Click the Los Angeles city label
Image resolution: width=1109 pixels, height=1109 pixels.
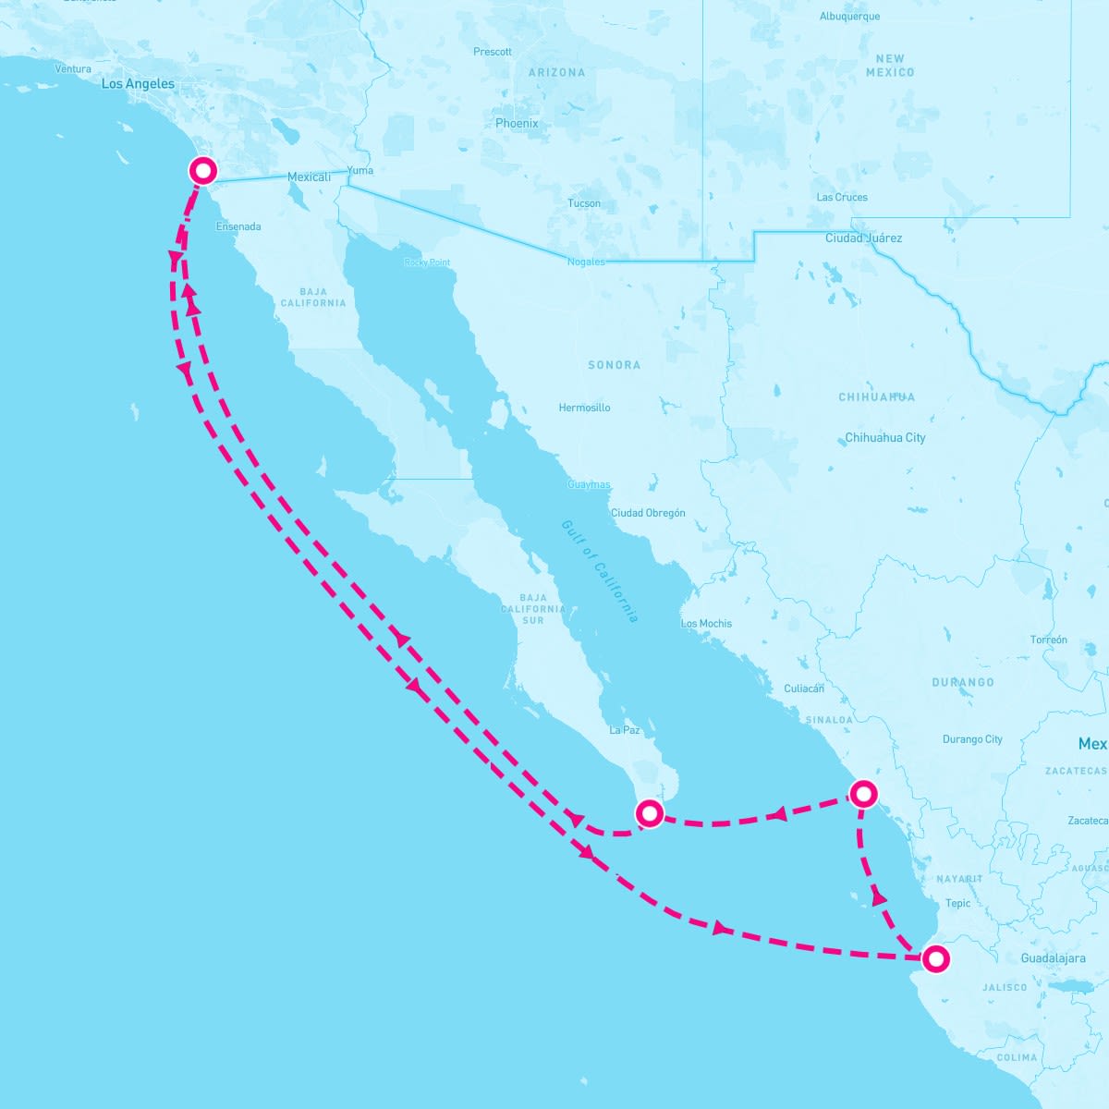click(138, 84)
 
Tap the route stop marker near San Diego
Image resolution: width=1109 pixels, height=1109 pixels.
click(202, 171)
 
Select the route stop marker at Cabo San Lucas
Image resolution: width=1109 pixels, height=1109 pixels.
click(650, 813)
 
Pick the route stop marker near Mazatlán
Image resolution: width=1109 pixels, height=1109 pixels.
click(862, 793)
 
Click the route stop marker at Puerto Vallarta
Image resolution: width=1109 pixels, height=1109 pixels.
click(936, 959)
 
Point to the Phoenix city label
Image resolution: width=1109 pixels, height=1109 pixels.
click(517, 123)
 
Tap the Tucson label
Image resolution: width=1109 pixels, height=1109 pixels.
click(584, 203)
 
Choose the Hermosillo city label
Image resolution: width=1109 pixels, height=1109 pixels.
click(584, 408)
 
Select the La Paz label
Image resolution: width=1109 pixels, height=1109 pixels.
click(625, 730)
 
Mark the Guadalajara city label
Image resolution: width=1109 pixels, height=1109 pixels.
click(1053, 958)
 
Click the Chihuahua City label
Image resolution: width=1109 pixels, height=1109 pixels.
click(884, 438)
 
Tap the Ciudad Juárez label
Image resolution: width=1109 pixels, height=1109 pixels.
click(863, 238)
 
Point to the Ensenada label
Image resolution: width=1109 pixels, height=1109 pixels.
click(238, 226)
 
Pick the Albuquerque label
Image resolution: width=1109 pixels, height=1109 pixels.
click(849, 17)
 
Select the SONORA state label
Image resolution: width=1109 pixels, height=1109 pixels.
click(615, 365)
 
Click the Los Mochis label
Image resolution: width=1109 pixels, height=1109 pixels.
click(706, 624)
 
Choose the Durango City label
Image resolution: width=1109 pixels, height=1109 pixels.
click(972, 739)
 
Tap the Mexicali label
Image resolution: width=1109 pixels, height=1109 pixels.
click(309, 177)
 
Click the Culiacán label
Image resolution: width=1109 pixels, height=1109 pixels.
click(803, 689)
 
